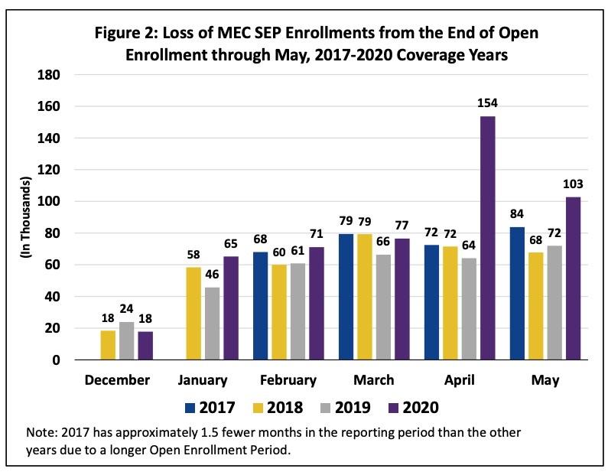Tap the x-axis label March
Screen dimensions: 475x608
(375, 380)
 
